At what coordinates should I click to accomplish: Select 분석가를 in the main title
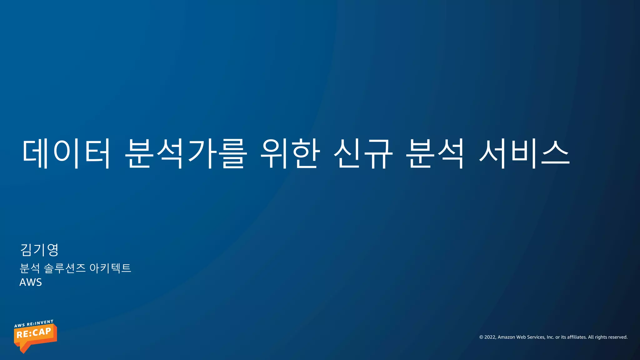[186, 153]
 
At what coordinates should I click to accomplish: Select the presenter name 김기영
[39, 250]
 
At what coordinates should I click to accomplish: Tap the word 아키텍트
[110, 268]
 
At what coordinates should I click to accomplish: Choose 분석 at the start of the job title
[30, 268]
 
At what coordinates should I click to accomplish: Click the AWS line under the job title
[31, 282]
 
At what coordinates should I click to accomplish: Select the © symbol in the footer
[481, 337]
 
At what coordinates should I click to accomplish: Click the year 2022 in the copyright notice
[490, 337]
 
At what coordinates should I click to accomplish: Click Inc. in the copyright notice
[550, 337]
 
